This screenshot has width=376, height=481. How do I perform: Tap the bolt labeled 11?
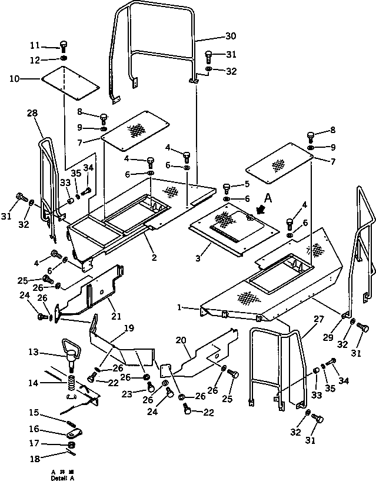(64, 46)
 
